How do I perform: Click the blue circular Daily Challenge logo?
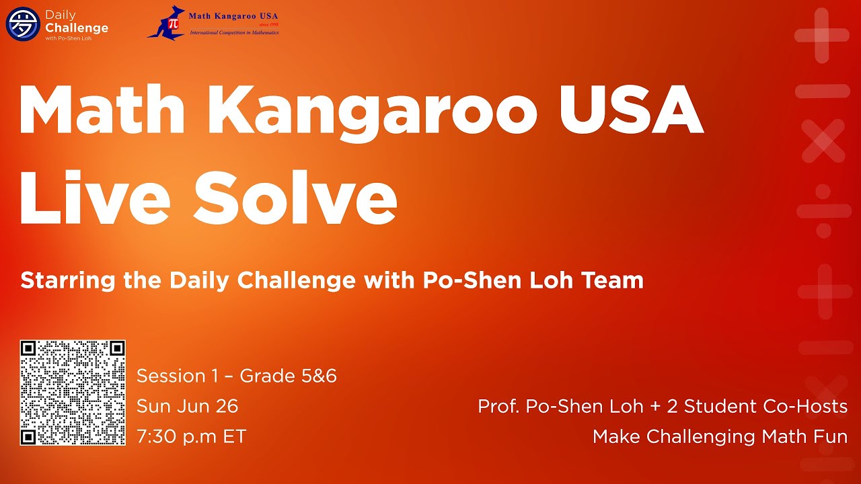click(x=23, y=24)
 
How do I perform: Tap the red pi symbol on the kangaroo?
click(x=174, y=24)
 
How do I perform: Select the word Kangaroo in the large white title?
click(x=372, y=111)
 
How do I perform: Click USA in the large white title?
click(x=631, y=110)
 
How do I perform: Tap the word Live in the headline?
click(x=95, y=197)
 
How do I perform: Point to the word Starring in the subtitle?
click(x=68, y=281)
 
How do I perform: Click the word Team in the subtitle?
click(x=612, y=280)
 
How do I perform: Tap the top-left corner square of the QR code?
click(x=28, y=348)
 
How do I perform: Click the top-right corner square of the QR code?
click(x=117, y=348)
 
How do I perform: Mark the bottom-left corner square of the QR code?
click(x=28, y=437)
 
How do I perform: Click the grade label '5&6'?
click(x=319, y=376)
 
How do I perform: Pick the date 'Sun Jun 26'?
click(x=188, y=406)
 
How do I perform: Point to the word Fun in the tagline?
click(x=827, y=436)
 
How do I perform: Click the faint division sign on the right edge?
click(x=824, y=210)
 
